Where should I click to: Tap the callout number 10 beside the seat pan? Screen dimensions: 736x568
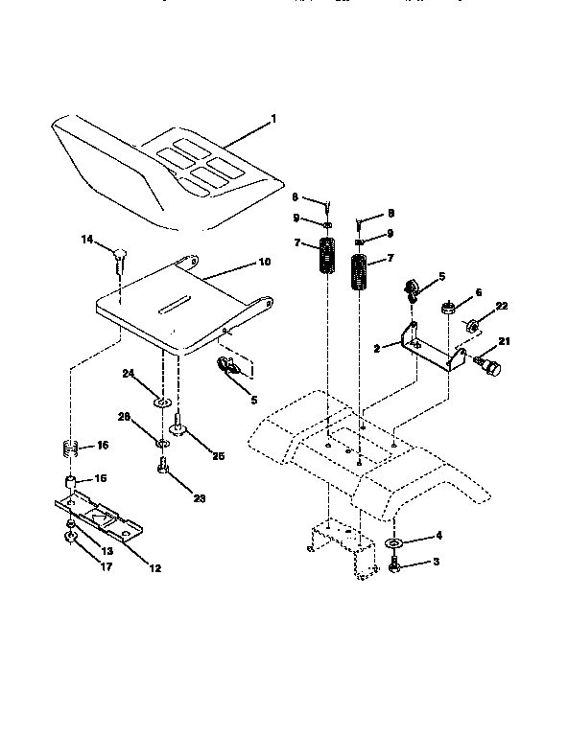coord(265,261)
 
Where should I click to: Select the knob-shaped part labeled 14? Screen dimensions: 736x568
coord(120,255)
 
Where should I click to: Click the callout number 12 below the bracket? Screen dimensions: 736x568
coord(154,567)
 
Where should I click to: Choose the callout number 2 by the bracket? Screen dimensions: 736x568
coord(377,349)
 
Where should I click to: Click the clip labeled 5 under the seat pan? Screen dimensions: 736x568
coord(230,366)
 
